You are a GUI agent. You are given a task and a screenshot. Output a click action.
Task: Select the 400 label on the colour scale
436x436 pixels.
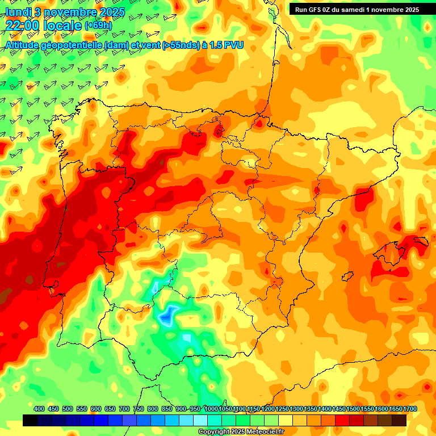pos(39,409)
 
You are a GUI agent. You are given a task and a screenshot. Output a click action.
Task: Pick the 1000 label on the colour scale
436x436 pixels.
pos(211,409)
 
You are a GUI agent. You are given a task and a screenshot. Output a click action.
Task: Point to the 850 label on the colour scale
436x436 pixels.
pos(167,409)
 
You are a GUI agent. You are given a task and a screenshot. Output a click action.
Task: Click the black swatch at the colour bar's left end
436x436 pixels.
pos(30,420)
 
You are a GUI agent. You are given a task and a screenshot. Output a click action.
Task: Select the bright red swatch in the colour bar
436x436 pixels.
pos(342,420)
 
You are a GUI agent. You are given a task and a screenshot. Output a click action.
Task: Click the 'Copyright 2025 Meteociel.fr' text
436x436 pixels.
pos(241,431)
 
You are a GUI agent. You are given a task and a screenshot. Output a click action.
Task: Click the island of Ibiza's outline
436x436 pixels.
pos(347,276)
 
